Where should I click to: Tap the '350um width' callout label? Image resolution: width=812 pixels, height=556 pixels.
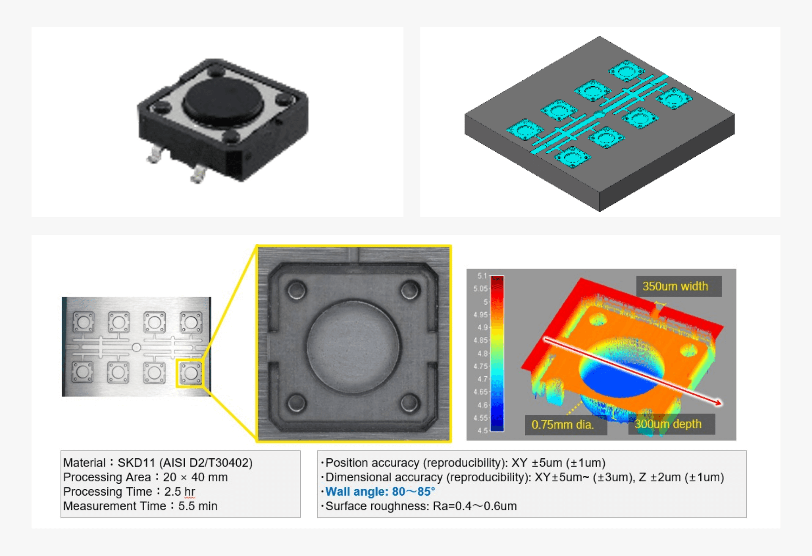point(675,286)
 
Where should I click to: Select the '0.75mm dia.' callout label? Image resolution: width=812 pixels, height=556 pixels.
point(562,424)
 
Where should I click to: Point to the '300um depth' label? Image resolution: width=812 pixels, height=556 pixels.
point(668,424)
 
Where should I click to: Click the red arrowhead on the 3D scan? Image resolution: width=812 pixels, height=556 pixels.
point(717,403)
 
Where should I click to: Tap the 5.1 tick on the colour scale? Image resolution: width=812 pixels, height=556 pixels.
point(482,276)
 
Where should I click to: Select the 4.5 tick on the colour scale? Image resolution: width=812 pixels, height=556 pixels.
point(482,431)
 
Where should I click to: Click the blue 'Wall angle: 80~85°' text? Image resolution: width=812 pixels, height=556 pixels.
point(380,491)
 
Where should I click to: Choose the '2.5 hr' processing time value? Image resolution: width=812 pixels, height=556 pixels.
point(180,491)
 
